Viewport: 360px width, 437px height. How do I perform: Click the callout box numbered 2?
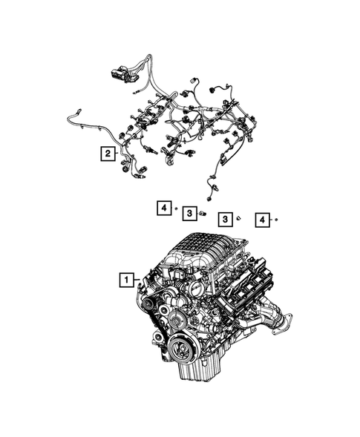click(x=109, y=154)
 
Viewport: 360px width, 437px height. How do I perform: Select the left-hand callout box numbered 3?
click(x=189, y=214)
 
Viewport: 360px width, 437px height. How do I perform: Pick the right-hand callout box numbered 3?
click(x=224, y=219)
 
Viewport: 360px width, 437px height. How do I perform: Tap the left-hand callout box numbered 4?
click(x=163, y=208)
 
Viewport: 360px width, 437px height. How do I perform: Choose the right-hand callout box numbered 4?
click(x=261, y=219)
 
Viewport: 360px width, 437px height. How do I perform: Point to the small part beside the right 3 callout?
click(x=238, y=219)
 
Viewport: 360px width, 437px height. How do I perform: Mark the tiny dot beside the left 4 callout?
click(x=176, y=209)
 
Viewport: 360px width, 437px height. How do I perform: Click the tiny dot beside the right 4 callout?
click(x=275, y=220)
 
